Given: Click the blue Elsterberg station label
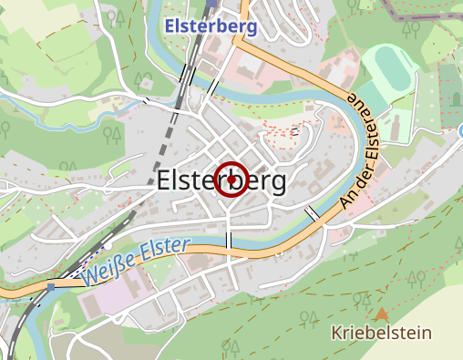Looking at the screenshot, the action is (211, 26).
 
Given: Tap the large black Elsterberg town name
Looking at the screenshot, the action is (221, 180).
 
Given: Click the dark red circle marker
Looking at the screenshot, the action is (232, 180).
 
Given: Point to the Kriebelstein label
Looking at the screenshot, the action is (381, 333).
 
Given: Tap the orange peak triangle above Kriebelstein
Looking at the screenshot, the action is (381, 313).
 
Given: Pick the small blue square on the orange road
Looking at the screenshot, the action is (52, 286).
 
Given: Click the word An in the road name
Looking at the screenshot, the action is (343, 197).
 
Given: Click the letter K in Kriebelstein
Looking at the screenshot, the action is (337, 333).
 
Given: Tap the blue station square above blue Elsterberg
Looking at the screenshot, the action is (211, 3).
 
